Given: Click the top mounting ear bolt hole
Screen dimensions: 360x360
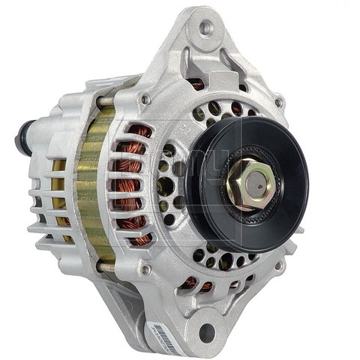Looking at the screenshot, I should click(x=205, y=28).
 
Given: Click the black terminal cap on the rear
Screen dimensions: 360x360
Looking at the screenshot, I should click(x=23, y=139).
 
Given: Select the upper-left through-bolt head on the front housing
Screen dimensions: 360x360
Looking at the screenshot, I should click(x=146, y=99).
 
